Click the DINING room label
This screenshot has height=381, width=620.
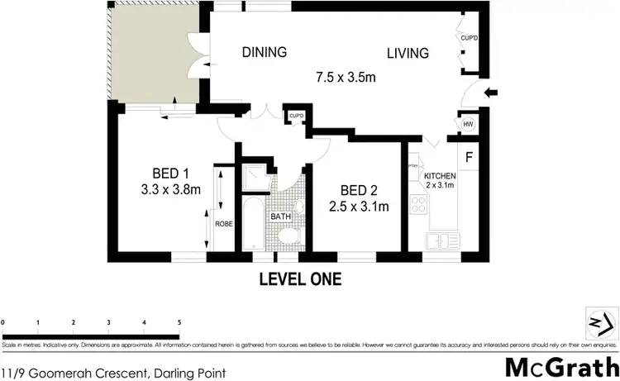click(x=264, y=53)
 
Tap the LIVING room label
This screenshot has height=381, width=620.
click(x=408, y=54)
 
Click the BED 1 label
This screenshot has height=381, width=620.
click(x=171, y=173)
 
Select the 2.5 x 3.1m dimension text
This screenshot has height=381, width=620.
click(x=359, y=205)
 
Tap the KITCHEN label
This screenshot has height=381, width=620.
click(x=440, y=177)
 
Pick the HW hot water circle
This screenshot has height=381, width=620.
click(x=468, y=125)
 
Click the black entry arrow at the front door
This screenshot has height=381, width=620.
click(x=490, y=93)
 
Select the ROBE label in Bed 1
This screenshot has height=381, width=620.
click(x=223, y=223)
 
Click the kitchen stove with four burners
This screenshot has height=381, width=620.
click(x=417, y=205)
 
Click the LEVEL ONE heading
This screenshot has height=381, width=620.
click(x=300, y=279)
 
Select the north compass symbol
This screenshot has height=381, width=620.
click(x=601, y=321)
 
